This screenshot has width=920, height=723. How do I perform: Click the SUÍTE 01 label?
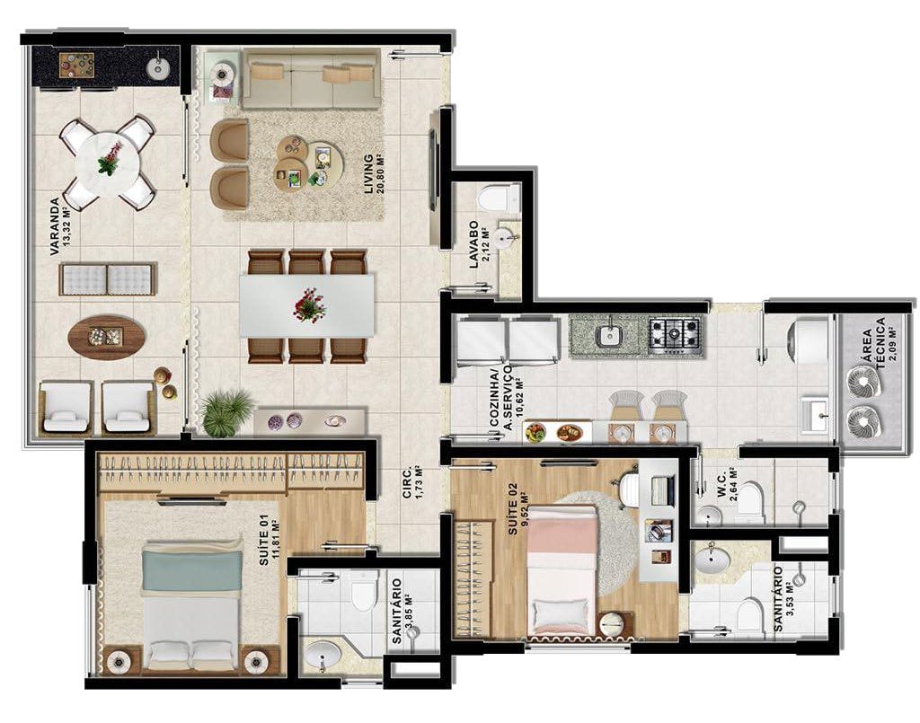coord(264,540)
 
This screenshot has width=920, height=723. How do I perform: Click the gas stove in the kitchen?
coord(675,336)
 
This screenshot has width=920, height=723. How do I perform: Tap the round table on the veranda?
coord(109,161)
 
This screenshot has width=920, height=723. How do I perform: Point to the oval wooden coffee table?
coord(106,337)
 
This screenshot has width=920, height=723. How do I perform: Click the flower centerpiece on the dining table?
coord(307,304)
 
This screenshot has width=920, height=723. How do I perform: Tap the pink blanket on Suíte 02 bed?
coord(562,531)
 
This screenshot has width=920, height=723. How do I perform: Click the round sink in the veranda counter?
coord(157,67)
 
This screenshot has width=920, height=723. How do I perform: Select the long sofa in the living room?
coord(310,80)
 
